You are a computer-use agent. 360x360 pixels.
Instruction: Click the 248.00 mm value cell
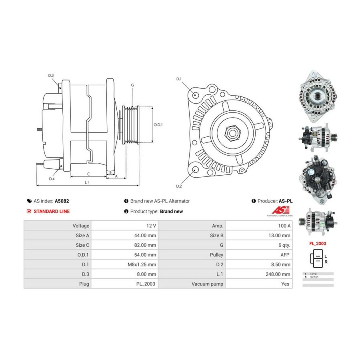tap(259, 274)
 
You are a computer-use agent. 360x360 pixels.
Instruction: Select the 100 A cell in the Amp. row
tap(259, 226)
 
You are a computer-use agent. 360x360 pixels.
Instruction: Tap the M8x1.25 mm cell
tap(124, 264)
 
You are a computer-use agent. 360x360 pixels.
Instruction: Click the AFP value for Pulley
tap(259, 255)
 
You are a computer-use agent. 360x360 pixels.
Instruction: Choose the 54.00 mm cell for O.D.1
tap(124, 255)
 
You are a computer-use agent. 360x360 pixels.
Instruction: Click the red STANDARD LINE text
tap(52, 211)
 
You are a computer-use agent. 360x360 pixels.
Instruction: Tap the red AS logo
tap(278, 210)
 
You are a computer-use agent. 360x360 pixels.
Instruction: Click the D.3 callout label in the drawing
tap(51, 76)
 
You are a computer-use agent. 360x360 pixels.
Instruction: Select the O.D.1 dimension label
tap(158, 124)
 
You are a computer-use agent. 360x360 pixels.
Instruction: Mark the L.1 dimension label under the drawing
tap(86, 182)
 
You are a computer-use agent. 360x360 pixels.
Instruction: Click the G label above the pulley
tap(132, 85)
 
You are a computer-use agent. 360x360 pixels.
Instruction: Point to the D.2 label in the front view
tap(179, 186)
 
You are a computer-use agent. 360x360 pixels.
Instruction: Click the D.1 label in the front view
tap(179, 79)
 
